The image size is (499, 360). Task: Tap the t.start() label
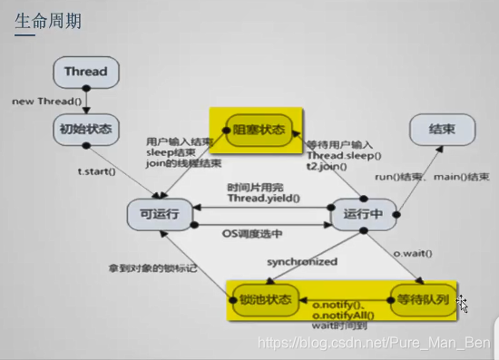(x=97, y=170)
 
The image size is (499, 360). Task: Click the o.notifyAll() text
(x=341, y=314)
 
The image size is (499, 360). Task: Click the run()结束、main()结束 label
(x=436, y=177)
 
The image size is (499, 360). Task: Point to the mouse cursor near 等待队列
(x=463, y=303)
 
